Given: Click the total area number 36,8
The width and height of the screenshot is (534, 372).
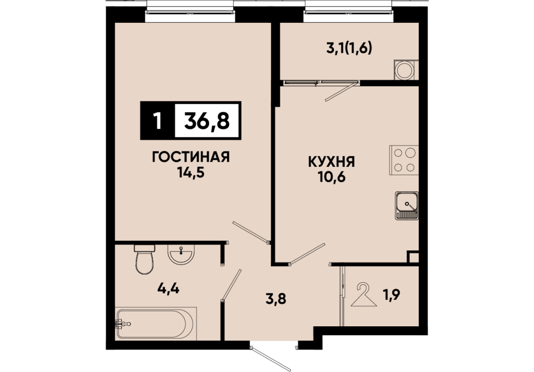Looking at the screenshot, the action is pyautogui.click(x=207, y=121).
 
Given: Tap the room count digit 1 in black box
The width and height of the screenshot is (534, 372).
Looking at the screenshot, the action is pyautogui.click(x=157, y=121).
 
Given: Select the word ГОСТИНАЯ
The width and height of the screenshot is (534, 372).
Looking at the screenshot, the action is pyautogui.click(x=191, y=157).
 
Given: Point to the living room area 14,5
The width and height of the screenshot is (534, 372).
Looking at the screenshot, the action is pyautogui.click(x=191, y=173).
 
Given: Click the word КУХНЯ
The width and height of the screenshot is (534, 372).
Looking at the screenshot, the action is pyautogui.click(x=331, y=162).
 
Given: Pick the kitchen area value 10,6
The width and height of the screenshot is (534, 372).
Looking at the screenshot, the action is pyautogui.click(x=332, y=177).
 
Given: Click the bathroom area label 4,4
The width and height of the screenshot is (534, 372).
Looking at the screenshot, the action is pyautogui.click(x=168, y=289).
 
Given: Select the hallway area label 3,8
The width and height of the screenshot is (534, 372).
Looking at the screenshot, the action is pyautogui.click(x=275, y=299).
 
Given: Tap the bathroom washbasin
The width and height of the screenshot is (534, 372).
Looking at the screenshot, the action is pyautogui.click(x=181, y=255).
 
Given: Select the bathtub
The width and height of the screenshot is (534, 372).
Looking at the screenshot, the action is pyautogui.click(x=156, y=323).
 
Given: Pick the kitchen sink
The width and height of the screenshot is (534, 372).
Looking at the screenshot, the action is pyautogui.click(x=407, y=205).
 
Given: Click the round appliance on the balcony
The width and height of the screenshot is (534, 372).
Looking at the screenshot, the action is pyautogui.click(x=405, y=71).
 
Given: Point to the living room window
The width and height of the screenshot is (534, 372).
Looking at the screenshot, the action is pyautogui.click(x=191, y=12).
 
